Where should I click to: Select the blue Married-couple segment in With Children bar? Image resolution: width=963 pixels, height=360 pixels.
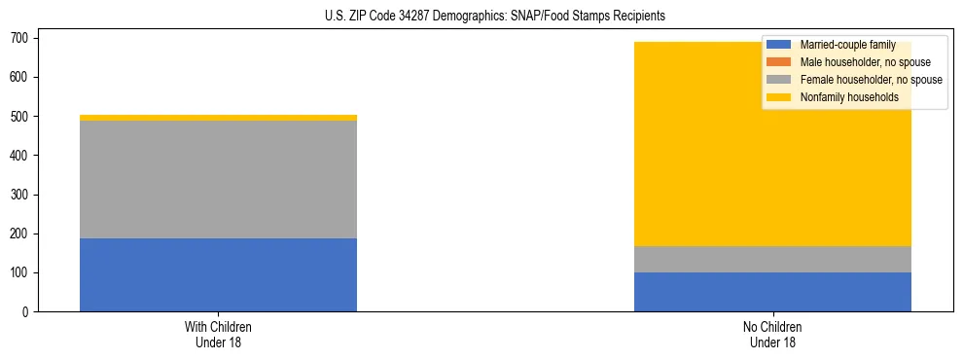[218, 274]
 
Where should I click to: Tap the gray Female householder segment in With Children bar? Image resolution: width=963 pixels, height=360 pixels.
[218, 179]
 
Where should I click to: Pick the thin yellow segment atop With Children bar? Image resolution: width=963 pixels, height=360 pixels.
[218, 118]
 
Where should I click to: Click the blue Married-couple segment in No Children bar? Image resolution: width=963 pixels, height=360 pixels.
[772, 292]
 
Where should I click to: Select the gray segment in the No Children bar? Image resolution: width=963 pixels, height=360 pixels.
[772, 259]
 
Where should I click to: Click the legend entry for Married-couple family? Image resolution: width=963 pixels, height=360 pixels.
[847, 45]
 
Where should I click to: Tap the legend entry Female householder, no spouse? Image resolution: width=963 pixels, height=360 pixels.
[870, 80]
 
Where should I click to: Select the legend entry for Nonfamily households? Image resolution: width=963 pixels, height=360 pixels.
[849, 97]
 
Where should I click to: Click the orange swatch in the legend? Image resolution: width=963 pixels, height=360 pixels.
[778, 62]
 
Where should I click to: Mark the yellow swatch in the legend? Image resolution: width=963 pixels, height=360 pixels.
[778, 97]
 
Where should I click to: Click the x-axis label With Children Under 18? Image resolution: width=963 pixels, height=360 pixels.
[218, 334]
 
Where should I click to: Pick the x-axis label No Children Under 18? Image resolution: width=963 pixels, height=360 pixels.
[772, 334]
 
